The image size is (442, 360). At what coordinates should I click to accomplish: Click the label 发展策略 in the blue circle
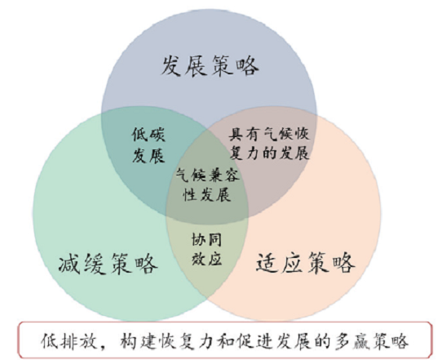210,66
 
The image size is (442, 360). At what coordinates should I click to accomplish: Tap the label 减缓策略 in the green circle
108,264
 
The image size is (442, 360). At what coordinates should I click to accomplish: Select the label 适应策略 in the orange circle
305,262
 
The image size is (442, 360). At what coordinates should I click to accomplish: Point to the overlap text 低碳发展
148,145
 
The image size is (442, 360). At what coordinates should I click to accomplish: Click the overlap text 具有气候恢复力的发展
269,144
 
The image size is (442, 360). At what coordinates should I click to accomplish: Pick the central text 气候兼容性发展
208,184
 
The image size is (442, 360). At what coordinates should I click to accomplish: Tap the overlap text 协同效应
206,249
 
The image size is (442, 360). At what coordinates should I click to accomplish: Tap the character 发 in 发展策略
171,66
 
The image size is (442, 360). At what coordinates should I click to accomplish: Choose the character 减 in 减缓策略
69,264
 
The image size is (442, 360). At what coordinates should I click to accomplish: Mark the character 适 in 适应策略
267,262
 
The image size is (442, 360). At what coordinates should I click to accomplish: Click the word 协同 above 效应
206,240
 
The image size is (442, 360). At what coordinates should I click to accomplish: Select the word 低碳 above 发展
148,135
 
